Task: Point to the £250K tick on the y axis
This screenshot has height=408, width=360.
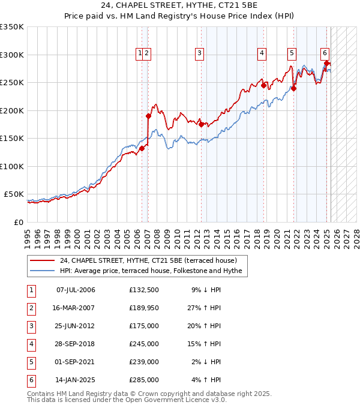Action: [x=12, y=82]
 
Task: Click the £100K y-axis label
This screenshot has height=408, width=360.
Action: [x=12, y=166]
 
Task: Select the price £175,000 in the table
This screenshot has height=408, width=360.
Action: [x=144, y=326]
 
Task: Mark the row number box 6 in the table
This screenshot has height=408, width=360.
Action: [x=30, y=380]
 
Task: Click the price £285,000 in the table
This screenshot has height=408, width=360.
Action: [x=144, y=380]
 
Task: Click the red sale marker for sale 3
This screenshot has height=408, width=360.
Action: [x=202, y=124]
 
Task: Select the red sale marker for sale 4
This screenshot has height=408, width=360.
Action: [x=263, y=85]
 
